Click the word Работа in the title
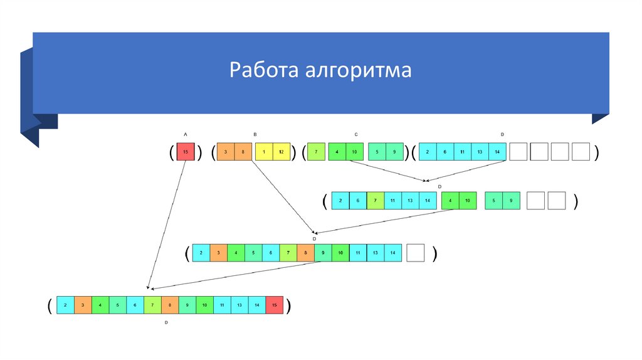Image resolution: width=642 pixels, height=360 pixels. coord(263,70)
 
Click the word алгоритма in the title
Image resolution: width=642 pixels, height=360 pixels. coord(359,70)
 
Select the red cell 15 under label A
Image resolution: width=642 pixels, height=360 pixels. coord(185,152)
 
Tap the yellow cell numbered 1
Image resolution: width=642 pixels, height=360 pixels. coord(265,152)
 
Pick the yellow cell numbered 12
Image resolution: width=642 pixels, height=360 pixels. coord(282,152)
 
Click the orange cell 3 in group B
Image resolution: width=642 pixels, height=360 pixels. coord(226,152)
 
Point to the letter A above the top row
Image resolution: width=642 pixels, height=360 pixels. coord(185,135)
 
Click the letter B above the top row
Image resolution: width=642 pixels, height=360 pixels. coord(255,135)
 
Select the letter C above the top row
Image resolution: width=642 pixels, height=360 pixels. coord(355,135)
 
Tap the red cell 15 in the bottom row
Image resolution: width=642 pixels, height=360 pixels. coord(274,305)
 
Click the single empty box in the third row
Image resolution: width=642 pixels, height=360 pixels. coord(415,253)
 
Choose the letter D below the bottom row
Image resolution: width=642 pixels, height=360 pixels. coord(166,322)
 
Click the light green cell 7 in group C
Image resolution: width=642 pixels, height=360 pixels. coord(317,152)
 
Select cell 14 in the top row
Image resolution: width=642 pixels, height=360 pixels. coord(497,152)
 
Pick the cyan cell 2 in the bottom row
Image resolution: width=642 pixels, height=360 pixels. coord(66,305)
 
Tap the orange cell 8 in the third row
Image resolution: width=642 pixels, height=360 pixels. coord(305,253)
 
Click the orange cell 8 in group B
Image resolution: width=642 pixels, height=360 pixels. coord(243,152)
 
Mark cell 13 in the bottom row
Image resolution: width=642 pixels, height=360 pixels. coord(239,305)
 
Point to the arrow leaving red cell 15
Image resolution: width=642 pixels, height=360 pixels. coord(166,226)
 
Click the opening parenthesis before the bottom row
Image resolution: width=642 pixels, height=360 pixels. coord(49,305)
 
